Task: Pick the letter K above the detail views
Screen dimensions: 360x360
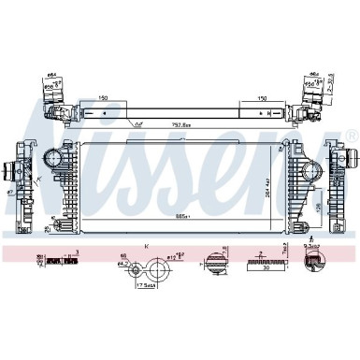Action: click(148, 245)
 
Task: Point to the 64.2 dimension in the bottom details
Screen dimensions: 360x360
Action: click(121, 266)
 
